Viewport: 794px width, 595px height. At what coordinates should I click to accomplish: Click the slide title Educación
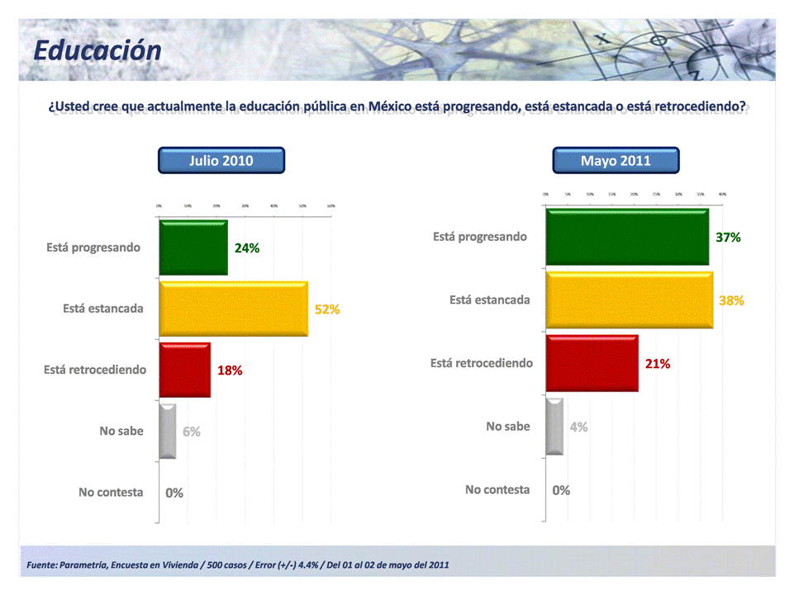coord(97,50)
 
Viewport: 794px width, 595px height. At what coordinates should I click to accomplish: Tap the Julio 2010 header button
coord(221,160)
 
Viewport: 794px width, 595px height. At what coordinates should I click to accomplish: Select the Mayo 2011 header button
coord(616,160)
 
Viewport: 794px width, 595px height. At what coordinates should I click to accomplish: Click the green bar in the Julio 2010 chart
coord(193,248)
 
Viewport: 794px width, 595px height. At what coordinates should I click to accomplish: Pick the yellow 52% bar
coord(233,309)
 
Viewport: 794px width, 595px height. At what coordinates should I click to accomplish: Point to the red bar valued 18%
coord(184,370)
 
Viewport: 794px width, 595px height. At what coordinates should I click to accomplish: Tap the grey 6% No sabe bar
coord(167,431)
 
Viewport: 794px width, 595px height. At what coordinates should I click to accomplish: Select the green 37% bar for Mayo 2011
coord(627,237)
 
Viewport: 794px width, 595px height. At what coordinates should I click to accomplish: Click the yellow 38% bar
coord(629,300)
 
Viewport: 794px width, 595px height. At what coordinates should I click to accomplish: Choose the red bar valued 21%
coord(592,363)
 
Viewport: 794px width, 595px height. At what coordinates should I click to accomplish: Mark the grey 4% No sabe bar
coord(554,427)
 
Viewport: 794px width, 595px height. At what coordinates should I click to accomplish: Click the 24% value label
coord(247,248)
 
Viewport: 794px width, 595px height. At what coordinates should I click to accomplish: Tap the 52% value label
coord(327,309)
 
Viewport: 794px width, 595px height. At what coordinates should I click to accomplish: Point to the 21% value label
coord(658,363)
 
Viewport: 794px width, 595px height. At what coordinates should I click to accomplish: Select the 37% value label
coord(728,237)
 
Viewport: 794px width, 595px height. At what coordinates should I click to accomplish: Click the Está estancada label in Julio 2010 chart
coord(103,309)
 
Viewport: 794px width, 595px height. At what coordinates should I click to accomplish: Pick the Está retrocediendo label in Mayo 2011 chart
coord(482,363)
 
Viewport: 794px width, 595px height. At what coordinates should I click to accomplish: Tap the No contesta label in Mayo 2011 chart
coord(497,489)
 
